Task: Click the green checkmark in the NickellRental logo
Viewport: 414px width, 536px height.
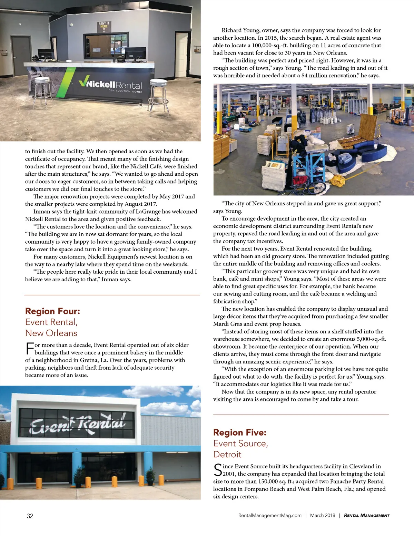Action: (84, 82)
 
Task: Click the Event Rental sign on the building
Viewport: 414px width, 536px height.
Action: (77, 424)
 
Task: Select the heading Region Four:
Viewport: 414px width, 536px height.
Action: (52, 311)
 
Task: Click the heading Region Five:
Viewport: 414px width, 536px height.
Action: (240, 432)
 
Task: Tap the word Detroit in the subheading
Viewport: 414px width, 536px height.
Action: (227, 454)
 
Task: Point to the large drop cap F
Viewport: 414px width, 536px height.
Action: (30, 348)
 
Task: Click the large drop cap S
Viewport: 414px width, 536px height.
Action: (218, 470)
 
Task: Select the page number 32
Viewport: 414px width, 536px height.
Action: (30, 516)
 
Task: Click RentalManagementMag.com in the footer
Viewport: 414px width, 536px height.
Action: (270, 515)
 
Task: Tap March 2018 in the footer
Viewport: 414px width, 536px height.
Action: (323, 515)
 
